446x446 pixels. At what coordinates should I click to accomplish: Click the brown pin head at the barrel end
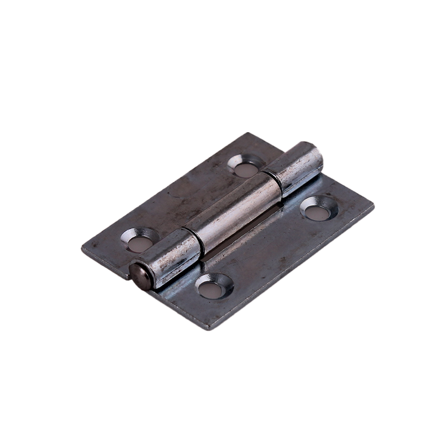(x=139, y=276)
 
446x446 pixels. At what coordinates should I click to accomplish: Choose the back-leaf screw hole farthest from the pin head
(x=245, y=166)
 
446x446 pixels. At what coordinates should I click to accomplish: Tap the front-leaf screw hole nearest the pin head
(x=214, y=287)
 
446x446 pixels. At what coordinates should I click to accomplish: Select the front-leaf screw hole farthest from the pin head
(x=319, y=209)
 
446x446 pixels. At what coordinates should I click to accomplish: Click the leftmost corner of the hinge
(x=83, y=250)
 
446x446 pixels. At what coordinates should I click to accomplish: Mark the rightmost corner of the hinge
(x=373, y=206)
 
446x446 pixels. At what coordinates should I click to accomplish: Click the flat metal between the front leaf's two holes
(x=266, y=248)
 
